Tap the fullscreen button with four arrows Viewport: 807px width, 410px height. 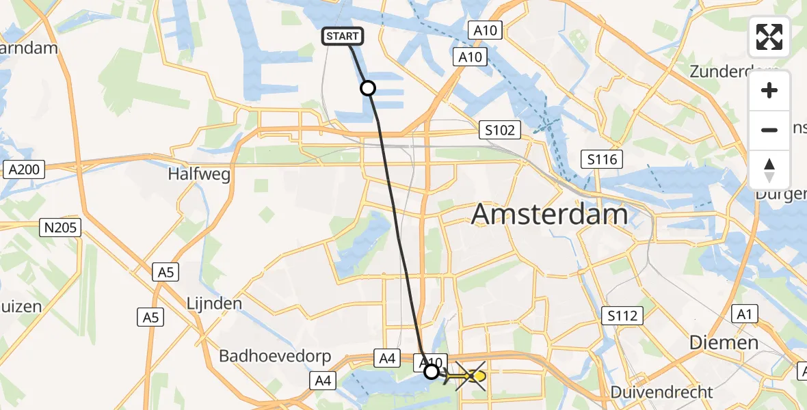point(769,37)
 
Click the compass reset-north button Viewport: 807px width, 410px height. point(769,170)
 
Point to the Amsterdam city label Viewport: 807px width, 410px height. point(550,215)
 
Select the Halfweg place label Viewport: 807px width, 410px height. point(199,174)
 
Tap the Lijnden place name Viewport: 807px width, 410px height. point(215,303)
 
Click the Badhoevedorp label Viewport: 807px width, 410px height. point(275,356)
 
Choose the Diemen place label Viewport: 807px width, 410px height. point(724,342)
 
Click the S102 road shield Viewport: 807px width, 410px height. point(500,130)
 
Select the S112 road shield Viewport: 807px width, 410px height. point(622,316)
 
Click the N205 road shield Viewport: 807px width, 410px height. point(61,228)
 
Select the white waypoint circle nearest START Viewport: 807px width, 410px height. point(368,88)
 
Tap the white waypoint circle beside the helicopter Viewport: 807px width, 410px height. point(432,372)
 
